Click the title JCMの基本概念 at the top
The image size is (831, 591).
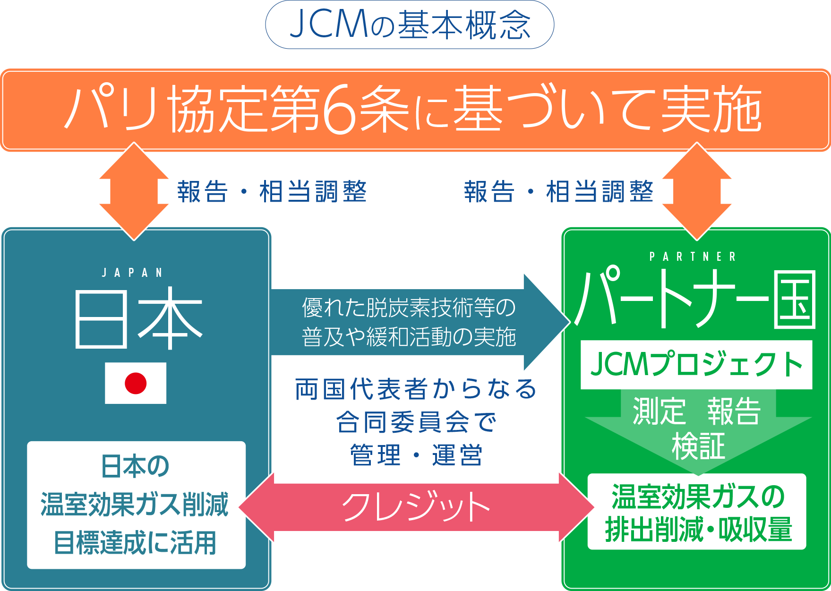pos(409,25)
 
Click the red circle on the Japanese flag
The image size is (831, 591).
pos(136,383)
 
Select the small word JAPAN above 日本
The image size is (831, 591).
pos(132,273)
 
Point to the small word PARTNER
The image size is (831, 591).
pos(693,257)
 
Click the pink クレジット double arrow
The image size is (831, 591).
pos(416,507)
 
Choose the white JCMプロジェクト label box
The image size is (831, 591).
pos(696,365)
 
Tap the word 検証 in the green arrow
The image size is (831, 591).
pos(698,446)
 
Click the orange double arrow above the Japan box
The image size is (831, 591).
pos(134,191)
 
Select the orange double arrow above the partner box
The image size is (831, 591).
pos(697,191)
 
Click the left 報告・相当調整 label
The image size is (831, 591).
pos(272,192)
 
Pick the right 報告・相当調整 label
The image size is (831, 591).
pos(559,192)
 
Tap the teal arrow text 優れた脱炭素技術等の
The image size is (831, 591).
pos(409,308)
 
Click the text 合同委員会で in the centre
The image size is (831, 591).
pos(416,422)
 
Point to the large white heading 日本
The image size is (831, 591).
pos(138,319)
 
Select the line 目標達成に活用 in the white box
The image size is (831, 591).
pos(136,543)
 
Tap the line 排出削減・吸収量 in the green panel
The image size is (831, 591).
pos(698,530)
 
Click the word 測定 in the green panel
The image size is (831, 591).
pos(659,411)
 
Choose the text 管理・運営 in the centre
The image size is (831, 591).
pos(416,455)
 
